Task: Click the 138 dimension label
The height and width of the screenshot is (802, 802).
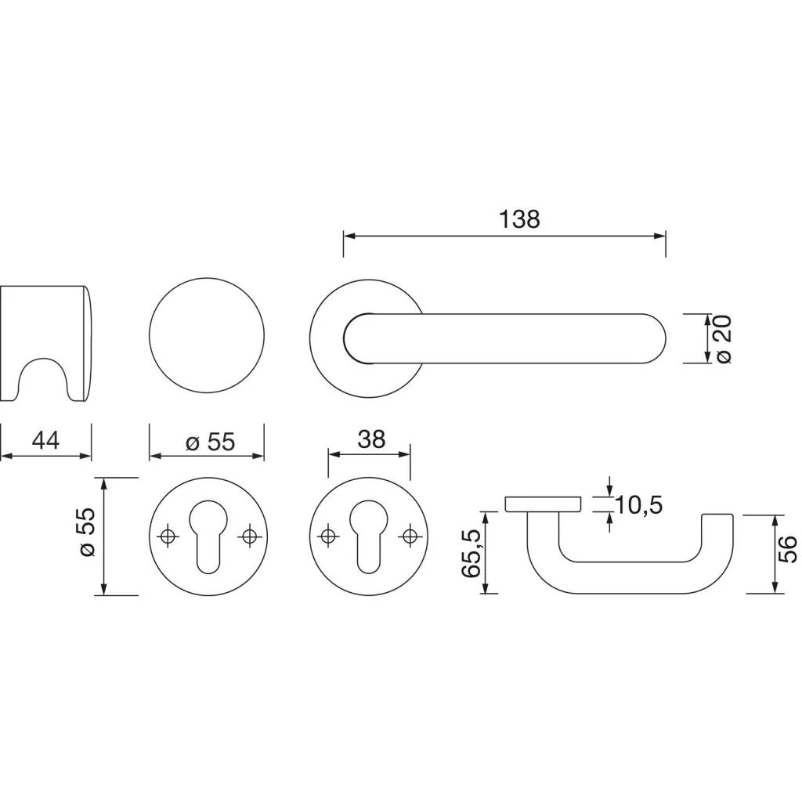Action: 519,219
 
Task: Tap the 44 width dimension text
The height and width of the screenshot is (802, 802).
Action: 45,440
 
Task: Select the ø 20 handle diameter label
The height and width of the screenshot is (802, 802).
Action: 724,339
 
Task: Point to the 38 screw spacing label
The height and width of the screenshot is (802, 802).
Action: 371,439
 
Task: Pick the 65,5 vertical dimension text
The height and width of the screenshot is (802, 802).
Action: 471,554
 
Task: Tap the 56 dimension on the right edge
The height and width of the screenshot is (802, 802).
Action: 789,549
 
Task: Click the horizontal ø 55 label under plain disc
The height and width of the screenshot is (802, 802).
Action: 210,443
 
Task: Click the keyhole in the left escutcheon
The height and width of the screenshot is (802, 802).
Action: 207,535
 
